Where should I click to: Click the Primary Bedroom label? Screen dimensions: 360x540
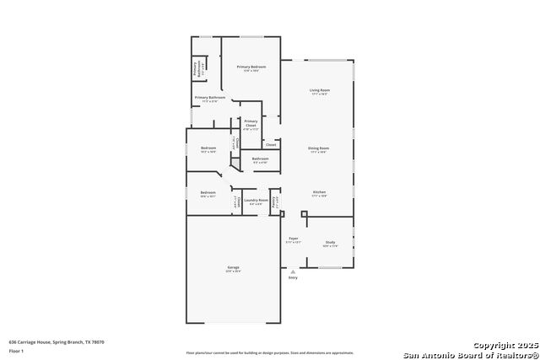pyautogui.click(x=251, y=67)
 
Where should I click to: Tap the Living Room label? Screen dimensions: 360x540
pyautogui.click(x=319, y=90)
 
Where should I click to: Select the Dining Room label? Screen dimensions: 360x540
pyautogui.click(x=318, y=148)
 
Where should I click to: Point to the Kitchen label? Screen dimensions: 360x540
pyautogui.click(x=319, y=192)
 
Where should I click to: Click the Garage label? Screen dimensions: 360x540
pyautogui.click(x=233, y=268)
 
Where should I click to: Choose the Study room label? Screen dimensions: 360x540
pyautogui.click(x=330, y=243)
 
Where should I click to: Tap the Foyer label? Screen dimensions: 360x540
pyautogui.click(x=294, y=239)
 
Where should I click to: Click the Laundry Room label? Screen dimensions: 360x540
pyautogui.click(x=256, y=201)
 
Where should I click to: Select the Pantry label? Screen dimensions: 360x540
pyautogui.click(x=274, y=202)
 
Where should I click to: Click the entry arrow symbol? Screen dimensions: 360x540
pyautogui.click(x=293, y=272)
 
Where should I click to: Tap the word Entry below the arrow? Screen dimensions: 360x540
pyautogui.click(x=293, y=280)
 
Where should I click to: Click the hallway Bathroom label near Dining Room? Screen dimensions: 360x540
pyautogui.click(x=260, y=159)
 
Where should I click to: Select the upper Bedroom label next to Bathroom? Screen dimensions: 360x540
pyautogui.click(x=208, y=148)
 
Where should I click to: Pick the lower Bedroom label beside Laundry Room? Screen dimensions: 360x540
pyautogui.click(x=208, y=193)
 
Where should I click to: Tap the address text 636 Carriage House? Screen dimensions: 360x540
pyautogui.click(x=57, y=342)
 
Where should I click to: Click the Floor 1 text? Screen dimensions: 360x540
pyautogui.click(x=17, y=349)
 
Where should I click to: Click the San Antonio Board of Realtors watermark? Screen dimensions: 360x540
pyautogui.click(x=470, y=353)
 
